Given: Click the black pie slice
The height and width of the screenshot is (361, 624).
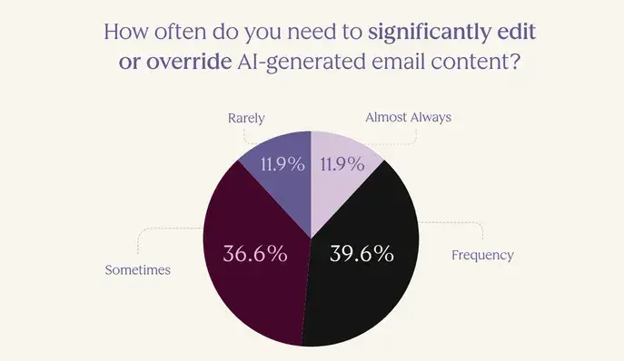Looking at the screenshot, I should pos(363,272).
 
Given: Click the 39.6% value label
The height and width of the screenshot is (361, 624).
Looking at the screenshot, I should pos(361,253).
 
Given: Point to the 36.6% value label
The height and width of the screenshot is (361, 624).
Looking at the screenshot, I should pos(255,253).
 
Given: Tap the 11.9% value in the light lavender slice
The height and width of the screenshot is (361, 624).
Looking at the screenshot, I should pos(342,165).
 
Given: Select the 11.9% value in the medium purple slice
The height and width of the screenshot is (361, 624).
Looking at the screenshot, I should pos(282,165).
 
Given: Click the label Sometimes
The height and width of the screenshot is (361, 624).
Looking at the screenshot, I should pos(138,269).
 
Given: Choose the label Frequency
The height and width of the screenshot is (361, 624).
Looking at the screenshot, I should pos(482,255).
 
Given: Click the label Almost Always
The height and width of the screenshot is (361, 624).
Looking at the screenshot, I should pos(408,117).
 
